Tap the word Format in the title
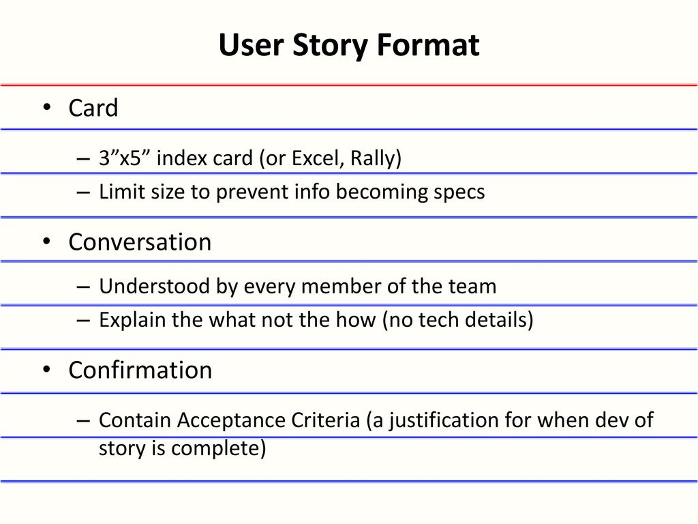tap(428, 44)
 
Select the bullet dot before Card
tap(47, 107)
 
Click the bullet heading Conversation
tap(140, 242)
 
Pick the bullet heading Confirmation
tap(140, 370)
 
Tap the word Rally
tap(373, 158)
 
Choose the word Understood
tap(154, 286)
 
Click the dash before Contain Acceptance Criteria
tap(83, 421)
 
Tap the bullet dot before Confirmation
tap(47, 369)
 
